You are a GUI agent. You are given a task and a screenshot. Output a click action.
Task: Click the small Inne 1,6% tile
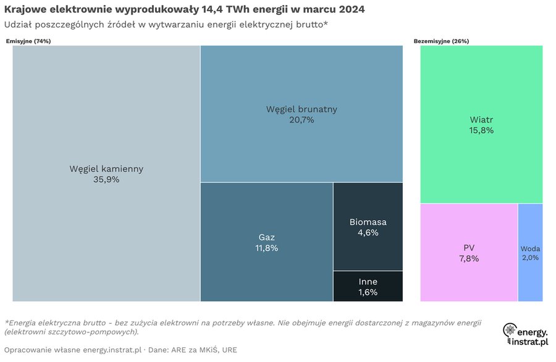pyautogui.click(x=368, y=287)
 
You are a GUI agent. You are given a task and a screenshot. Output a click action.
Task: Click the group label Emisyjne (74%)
pyautogui.click(x=28, y=41)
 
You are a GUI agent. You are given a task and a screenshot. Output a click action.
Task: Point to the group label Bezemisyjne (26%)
pyautogui.click(x=441, y=41)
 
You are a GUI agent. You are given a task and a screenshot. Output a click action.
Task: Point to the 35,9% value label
pyautogui.click(x=106, y=179)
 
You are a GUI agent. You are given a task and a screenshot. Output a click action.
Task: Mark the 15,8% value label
pyautogui.click(x=481, y=130)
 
